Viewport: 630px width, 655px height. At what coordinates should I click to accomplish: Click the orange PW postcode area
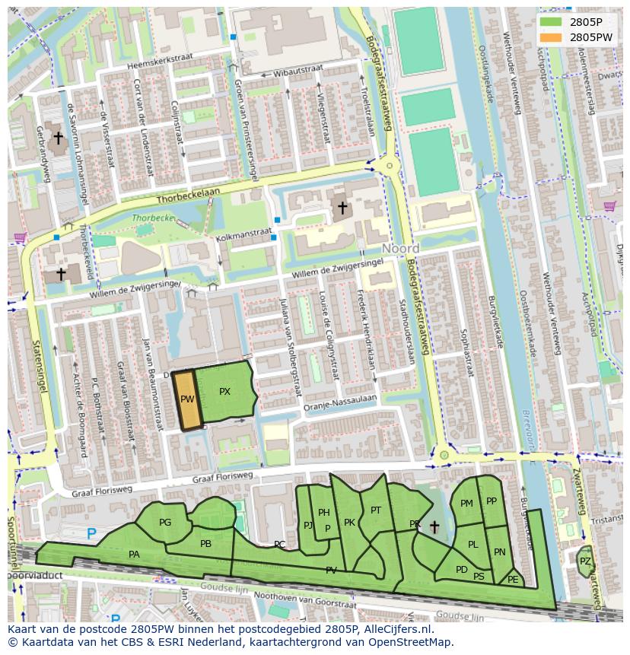coord(187,399)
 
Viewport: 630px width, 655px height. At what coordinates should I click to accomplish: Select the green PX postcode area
coord(224,392)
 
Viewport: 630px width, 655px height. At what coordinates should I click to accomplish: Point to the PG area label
coord(165,522)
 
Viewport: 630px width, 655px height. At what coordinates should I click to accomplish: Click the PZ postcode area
coord(584,561)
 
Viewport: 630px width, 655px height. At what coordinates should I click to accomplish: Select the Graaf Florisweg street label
coord(222,477)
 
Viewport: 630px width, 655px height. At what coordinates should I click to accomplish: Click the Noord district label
coord(401,249)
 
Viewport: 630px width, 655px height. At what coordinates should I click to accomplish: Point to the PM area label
coord(466,503)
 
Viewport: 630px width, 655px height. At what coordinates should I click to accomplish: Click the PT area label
coord(375,510)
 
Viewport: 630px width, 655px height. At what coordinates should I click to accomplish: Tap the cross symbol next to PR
coord(434,526)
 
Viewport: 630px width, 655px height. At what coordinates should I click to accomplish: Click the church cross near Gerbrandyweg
coord(58,138)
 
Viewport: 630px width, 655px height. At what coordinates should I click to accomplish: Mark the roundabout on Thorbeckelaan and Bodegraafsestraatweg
coord(390,164)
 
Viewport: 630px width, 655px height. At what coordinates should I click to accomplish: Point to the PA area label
coord(134,555)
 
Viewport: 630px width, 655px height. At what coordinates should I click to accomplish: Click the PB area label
coord(205,543)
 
